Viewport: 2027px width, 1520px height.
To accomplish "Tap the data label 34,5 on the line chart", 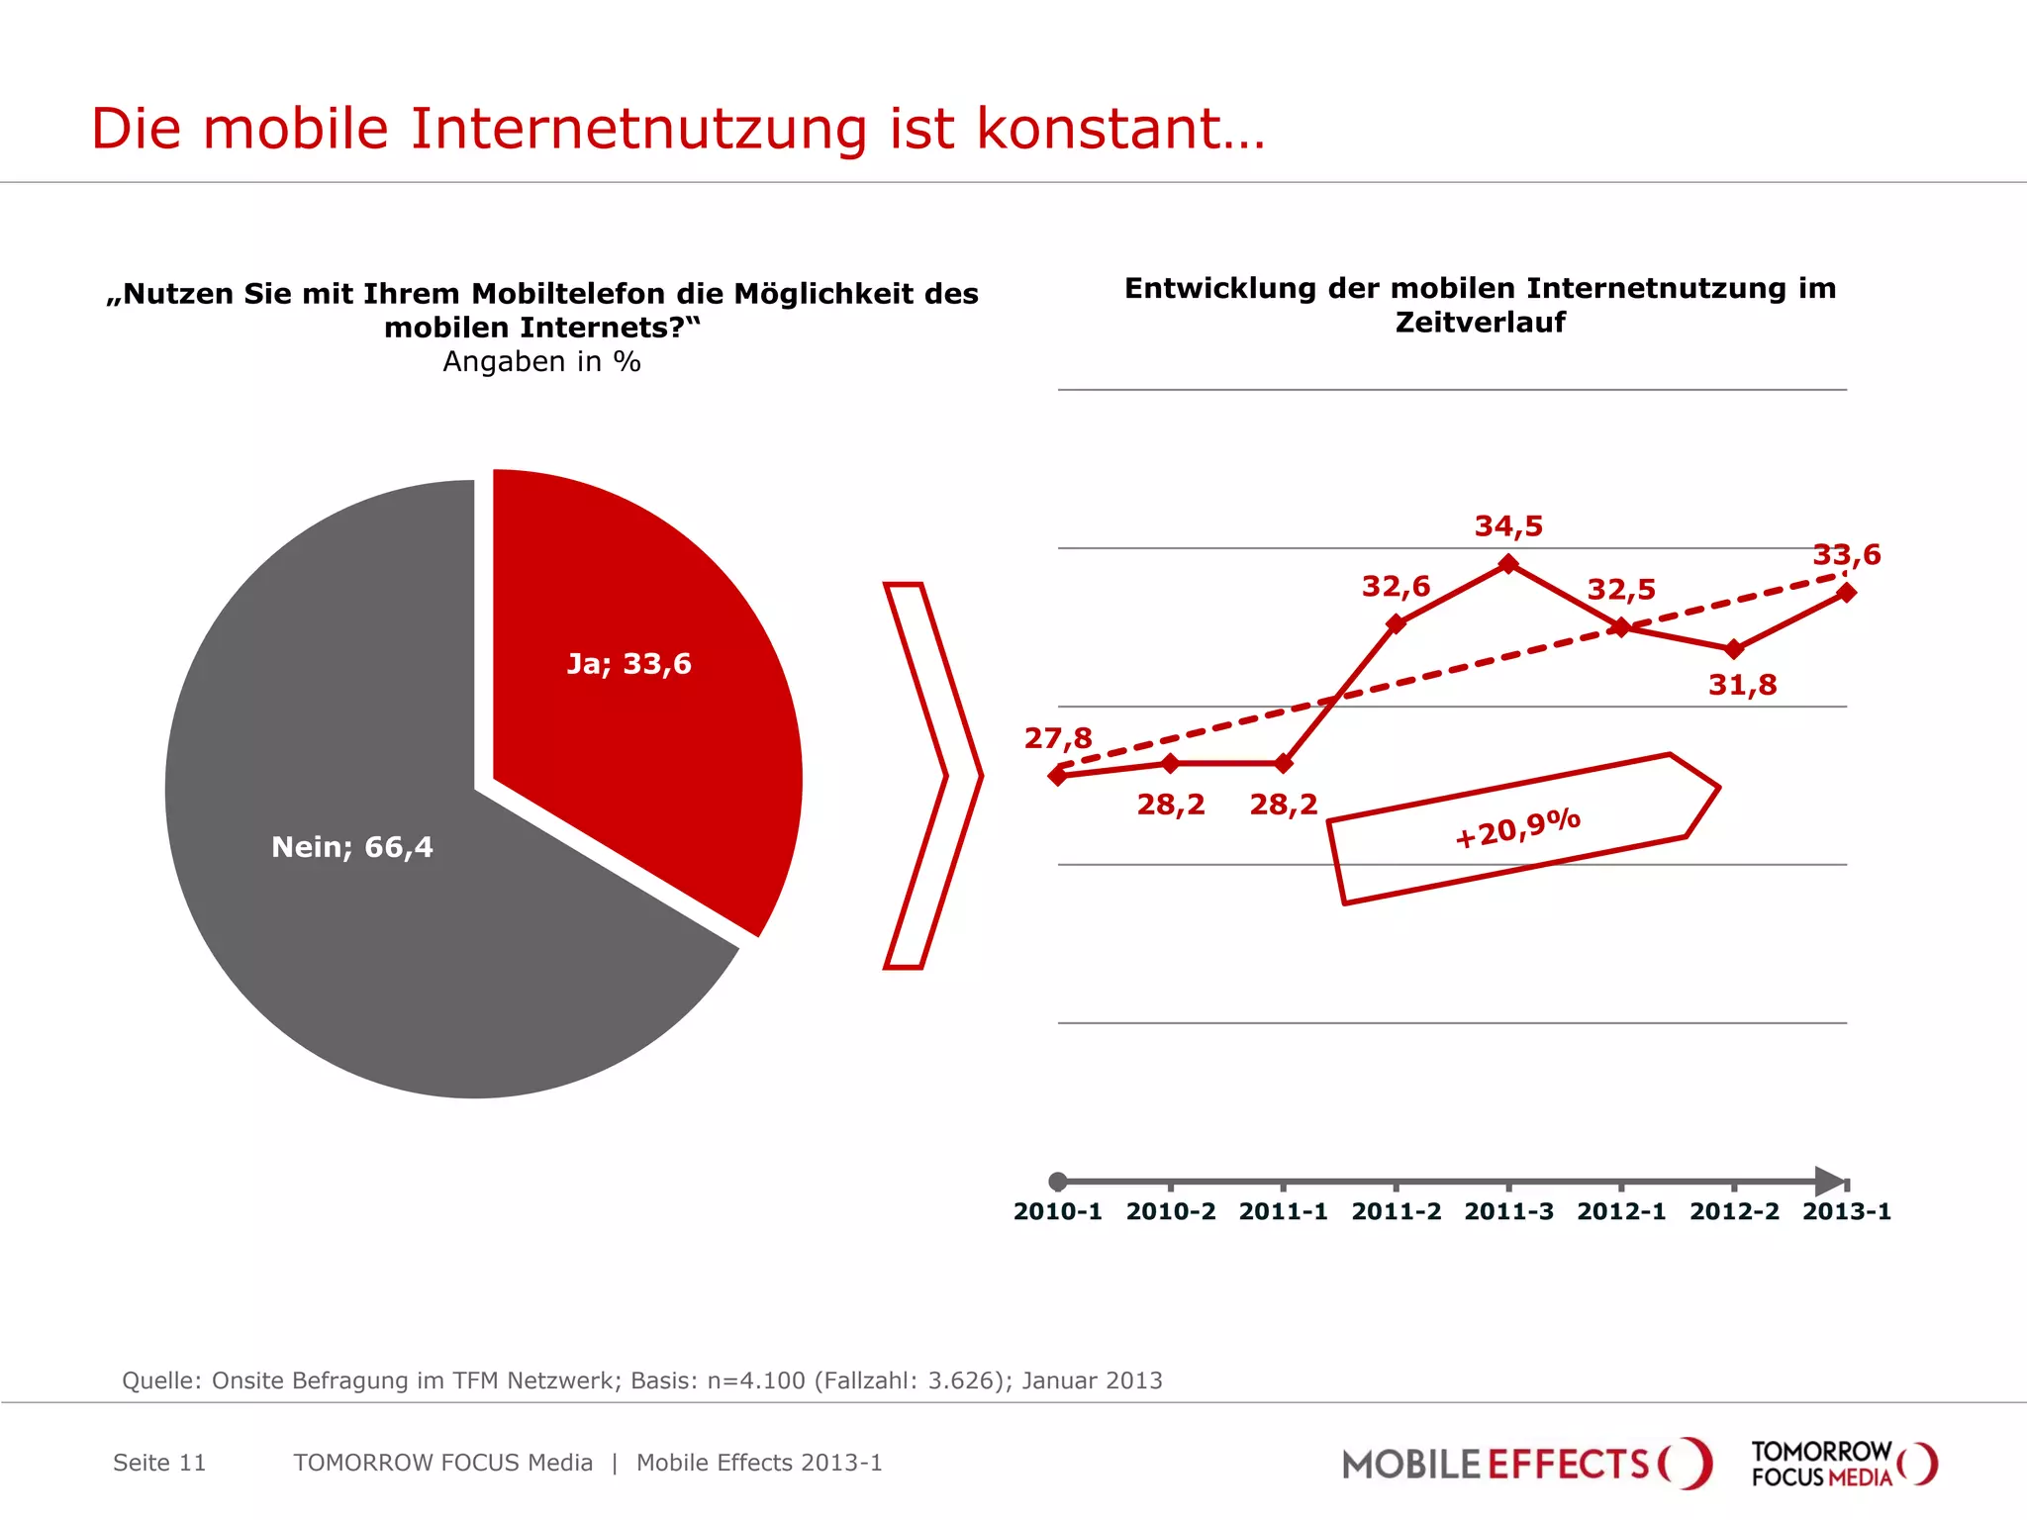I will pos(1508,526).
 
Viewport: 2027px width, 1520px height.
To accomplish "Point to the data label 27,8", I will pos(1058,738).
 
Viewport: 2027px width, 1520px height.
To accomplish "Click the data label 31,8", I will pos(1742,685).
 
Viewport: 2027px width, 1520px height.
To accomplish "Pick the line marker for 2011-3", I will pos(1508,564).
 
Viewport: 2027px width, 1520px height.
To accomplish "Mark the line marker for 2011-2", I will pos(1396,623).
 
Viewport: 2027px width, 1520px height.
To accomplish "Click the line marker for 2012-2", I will pos(1734,649).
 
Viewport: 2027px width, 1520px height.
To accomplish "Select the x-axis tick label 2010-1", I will pos(1057,1211).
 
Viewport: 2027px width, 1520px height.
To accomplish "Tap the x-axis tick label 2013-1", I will pos(1846,1211).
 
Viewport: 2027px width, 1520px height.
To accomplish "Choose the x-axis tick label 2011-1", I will pos(1283,1211).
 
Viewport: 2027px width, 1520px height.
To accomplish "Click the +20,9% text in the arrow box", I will pos(1517,827).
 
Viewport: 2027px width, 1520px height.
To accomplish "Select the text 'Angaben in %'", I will pos(541,362).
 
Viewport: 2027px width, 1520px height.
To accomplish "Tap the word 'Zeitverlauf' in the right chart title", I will pos(1480,323).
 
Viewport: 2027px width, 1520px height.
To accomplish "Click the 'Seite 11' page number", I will pos(159,1463).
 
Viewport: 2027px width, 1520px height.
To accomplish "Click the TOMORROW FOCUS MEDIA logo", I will pos(1843,1464).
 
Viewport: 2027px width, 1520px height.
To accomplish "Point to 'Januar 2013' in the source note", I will pos(1092,1380).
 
